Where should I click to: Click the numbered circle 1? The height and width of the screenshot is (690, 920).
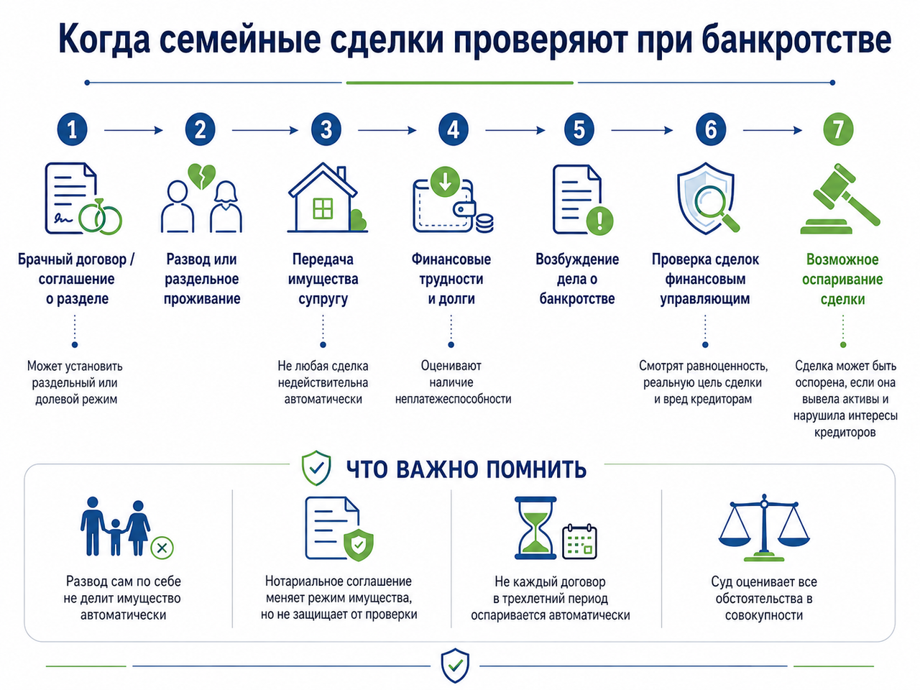coord(72,130)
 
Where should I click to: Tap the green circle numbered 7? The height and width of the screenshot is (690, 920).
coord(838,130)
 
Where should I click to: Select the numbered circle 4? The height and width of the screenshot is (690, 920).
coord(453,130)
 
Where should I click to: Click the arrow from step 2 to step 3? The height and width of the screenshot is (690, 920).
coord(265,130)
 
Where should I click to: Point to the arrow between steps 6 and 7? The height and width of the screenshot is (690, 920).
coord(773,130)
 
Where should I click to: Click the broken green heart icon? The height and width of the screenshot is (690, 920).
coord(201,176)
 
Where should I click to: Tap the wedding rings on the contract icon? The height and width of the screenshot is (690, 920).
coord(100,216)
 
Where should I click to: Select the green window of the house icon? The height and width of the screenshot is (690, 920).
coord(323,208)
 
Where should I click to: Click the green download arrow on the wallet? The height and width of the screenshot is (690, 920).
coord(445,181)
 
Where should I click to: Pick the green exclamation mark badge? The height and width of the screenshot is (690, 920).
coord(599,220)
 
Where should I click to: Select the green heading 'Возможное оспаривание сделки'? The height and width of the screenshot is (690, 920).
coord(842,279)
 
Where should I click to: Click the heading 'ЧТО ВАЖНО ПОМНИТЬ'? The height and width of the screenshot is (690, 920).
coord(466,469)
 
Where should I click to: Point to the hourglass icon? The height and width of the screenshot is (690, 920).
coord(535,528)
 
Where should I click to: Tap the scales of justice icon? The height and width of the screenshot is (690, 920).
coord(763,528)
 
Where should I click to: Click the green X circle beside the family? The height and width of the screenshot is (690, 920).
coord(162,548)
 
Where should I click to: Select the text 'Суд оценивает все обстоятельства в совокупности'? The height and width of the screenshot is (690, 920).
coord(763,598)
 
